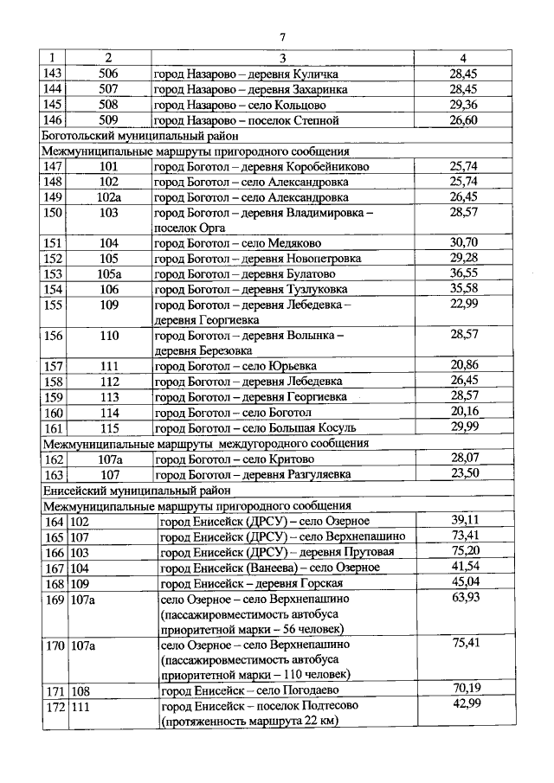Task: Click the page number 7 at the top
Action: tap(282, 35)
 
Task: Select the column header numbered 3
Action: tap(282, 57)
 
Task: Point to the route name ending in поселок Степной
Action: tap(246, 119)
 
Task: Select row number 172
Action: tap(54, 706)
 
